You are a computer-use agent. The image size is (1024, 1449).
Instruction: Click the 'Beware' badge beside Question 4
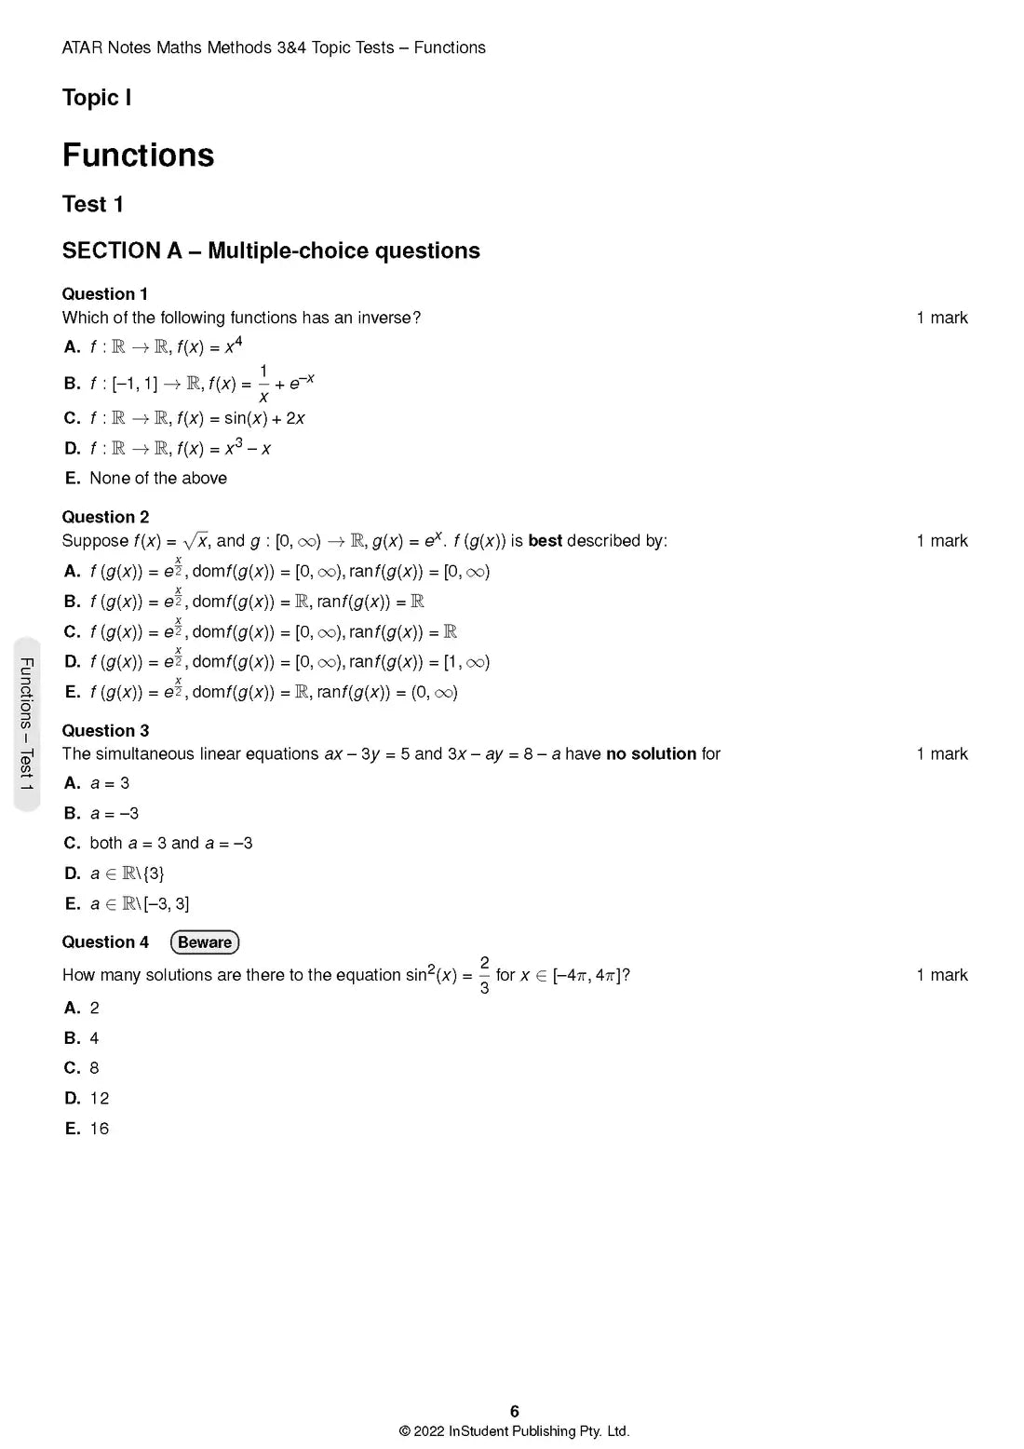[x=205, y=942]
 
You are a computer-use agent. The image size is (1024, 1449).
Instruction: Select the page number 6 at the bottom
[x=514, y=1412]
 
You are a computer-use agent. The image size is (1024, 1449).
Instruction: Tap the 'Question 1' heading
[x=105, y=294]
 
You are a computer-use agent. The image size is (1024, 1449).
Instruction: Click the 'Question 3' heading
[x=105, y=731]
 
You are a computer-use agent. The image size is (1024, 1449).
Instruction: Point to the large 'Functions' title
[x=138, y=155]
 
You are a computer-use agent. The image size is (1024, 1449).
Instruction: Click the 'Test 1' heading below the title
[x=92, y=204]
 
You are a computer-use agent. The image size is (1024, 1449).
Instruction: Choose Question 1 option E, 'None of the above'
[x=157, y=479]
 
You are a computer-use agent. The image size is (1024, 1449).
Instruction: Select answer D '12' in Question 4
[x=99, y=1099]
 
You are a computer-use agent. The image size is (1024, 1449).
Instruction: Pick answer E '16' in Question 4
[x=99, y=1129]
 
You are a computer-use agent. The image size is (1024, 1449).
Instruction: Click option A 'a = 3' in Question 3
[x=109, y=783]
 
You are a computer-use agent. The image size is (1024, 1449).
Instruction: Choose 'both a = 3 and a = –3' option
[x=170, y=844]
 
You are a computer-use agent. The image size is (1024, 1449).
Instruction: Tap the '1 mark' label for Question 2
[x=941, y=541]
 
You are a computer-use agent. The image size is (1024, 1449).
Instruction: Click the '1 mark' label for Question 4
[x=941, y=975]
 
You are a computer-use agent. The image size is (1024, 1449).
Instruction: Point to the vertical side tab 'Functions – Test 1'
[x=27, y=724]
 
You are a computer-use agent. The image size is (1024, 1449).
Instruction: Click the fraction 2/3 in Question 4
[x=484, y=975]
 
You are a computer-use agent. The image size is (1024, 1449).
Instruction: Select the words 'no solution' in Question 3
[x=651, y=754]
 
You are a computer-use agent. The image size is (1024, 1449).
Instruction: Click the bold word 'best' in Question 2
[x=545, y=541]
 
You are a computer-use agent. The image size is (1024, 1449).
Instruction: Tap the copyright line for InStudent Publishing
[x=514, y=1431]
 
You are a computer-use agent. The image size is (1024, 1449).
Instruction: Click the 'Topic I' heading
[x=96, y=98]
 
